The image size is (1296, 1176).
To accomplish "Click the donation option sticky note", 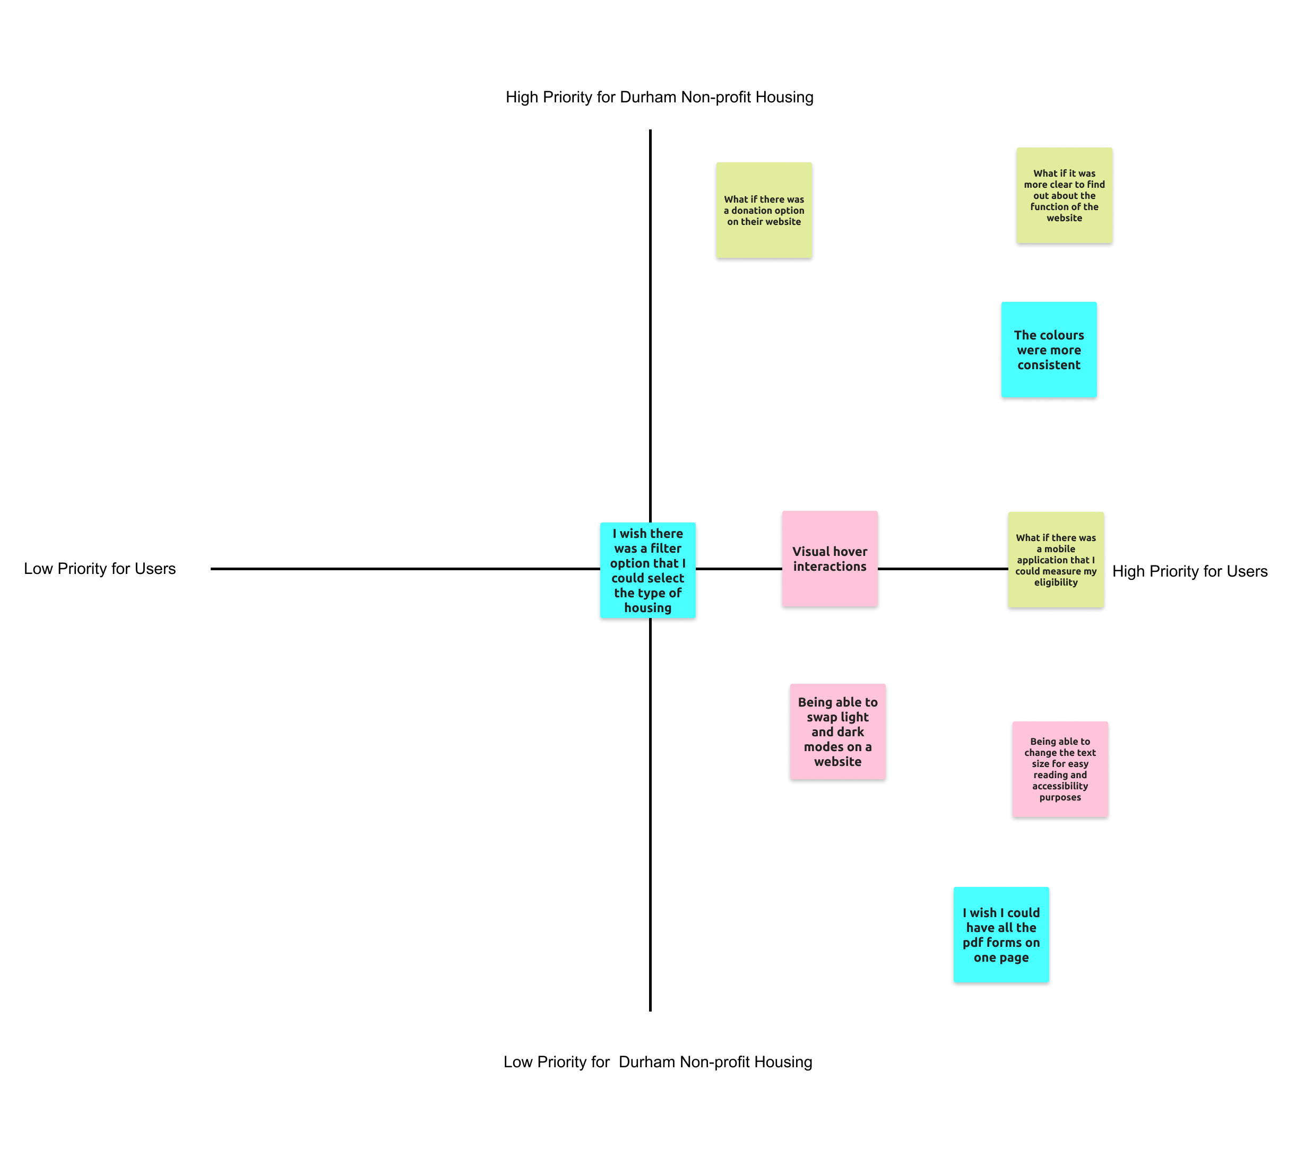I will [x=764, y=210].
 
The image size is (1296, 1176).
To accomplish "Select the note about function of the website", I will [x=1064, y=195].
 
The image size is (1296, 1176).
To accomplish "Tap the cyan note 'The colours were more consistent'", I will [x=1049, y=350].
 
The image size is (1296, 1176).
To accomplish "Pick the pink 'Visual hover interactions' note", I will [x=830, y=559].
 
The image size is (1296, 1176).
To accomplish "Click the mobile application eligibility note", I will [x=1056, y=560].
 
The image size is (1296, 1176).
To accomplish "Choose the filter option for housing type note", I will [x=647, y=570].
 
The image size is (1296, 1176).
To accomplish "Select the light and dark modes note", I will [x=837, y=731].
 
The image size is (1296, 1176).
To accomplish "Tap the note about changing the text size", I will [x=1059, y=769].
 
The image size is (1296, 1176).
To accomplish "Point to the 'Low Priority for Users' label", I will [x=100, y=569].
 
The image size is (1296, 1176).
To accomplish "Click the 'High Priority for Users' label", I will [x=1189, y=571].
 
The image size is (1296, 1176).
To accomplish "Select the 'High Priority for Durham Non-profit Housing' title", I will [x=659, y=97].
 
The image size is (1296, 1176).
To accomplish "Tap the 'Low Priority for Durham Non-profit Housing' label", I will [x=657, y=1061].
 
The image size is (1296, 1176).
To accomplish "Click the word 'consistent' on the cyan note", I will [x=1049, y=365].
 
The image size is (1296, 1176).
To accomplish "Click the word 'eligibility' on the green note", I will [x=1056, y=583].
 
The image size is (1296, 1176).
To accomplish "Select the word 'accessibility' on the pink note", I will [x=1059, y=787].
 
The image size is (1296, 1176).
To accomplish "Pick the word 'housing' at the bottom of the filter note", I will [x=647, y=608].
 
